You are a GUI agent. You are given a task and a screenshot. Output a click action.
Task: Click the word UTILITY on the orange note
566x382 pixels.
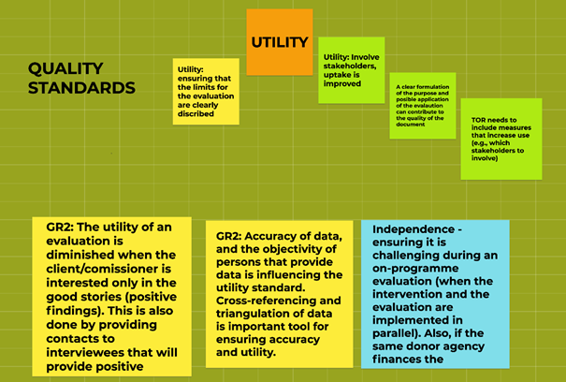(280, 42)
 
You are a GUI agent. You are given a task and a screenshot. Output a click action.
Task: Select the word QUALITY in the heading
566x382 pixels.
(65, 68)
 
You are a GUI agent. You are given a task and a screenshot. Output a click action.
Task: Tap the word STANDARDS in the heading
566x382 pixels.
(81, 88)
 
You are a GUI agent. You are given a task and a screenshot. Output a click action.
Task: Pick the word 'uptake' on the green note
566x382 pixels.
(337, 75)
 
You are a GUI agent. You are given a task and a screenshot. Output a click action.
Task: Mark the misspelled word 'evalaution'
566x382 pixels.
(424, 106)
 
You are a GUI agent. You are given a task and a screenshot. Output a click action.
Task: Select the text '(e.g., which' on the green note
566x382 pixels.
(490, 142)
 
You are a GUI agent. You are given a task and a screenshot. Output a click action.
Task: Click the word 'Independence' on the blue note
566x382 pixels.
(414, 229)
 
